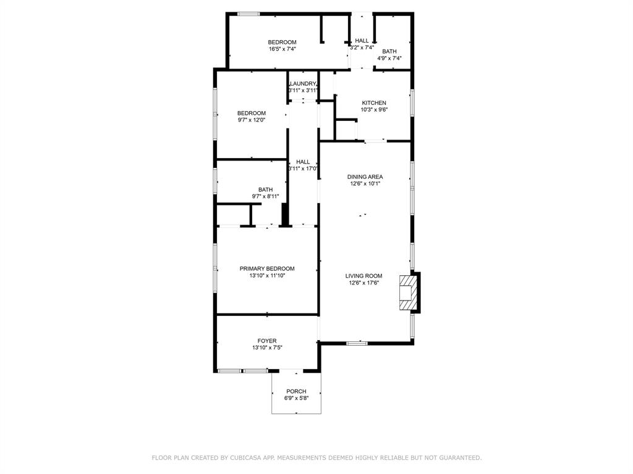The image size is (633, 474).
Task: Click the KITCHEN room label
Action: tap(374, 103)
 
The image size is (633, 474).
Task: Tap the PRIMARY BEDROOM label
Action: tap(267, 269)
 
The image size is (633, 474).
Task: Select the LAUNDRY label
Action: tap(303, 83)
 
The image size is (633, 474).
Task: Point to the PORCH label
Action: tap(296, 391)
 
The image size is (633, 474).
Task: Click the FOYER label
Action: tap(267, 341)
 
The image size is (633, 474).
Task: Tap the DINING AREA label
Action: tap(365, 177)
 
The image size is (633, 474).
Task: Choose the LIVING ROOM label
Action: tap(363, 276)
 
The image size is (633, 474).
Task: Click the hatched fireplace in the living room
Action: tap(407, 293)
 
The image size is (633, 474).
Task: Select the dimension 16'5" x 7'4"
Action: tap(283, 49)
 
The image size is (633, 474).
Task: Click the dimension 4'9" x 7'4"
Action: tap(389, 58)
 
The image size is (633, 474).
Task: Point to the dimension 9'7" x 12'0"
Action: tap(252, 120)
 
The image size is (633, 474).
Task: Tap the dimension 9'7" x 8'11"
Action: tap(266, 197)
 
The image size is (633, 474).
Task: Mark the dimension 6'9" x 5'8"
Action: tap(296, 398)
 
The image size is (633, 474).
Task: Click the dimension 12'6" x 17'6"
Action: tap(363, 283)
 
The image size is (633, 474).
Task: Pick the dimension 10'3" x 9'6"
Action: tap(374, 110)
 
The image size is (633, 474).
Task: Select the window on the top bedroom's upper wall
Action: tap(249, 14)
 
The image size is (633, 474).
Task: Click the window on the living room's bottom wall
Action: tap(357, 343)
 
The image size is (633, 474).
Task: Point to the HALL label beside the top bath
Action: tap(362, 41)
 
